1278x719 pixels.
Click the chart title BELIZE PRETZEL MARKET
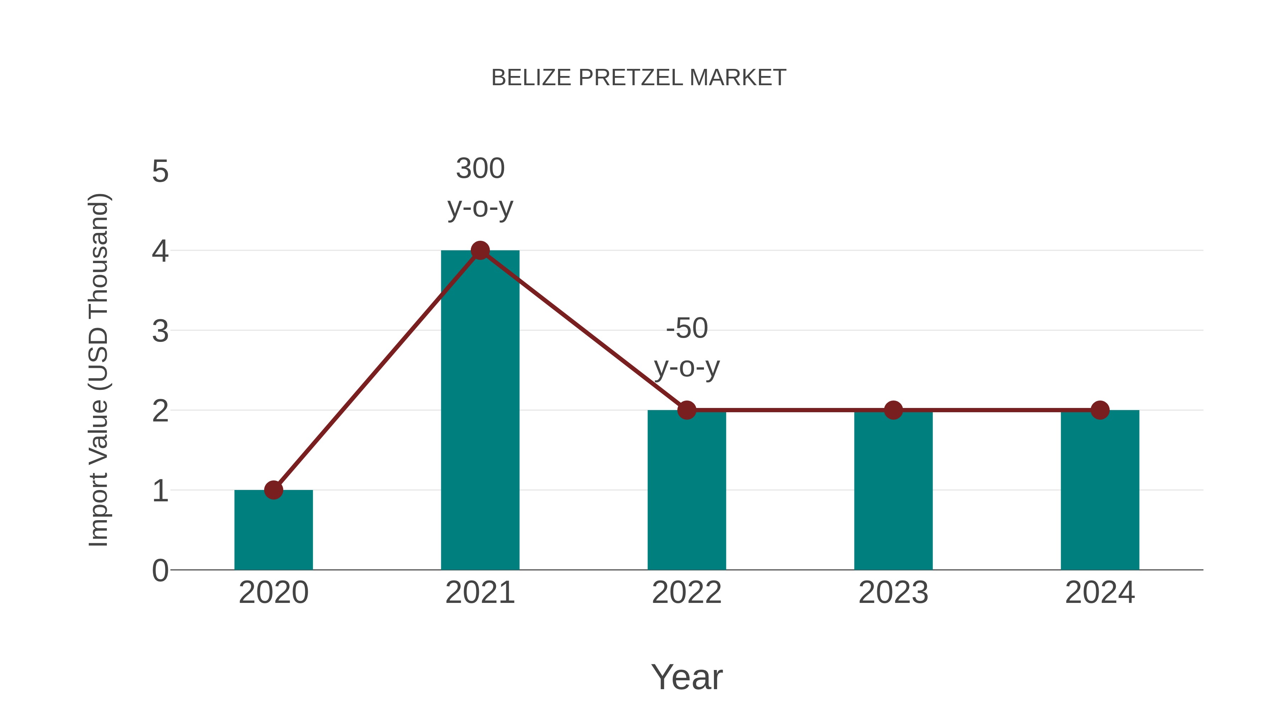(639, 78)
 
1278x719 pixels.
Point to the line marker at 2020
(273, 490)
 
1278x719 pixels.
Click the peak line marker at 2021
(480, 251)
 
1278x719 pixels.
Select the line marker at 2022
(687, 410)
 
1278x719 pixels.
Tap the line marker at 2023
(893, 410)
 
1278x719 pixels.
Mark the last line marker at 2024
(1100, 410)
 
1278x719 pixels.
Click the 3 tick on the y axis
(160, 331)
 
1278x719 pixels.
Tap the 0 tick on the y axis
(160, 571)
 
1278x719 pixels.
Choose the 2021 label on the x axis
(480, 593)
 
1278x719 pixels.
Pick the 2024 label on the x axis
(1100, 593)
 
